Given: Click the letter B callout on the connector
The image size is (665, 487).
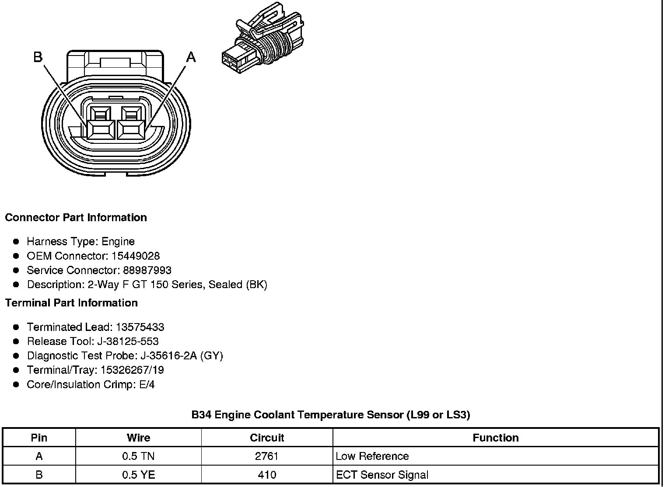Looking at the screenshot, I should click(38, 57).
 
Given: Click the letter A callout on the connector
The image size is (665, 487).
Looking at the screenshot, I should click(191, 57).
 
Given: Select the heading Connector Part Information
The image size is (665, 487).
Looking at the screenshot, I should click(76, 218).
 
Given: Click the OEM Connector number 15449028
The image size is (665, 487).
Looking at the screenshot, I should click(136, 256).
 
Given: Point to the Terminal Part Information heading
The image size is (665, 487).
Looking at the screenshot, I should click(71, 303).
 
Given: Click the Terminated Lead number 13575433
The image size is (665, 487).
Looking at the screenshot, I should click(140, 327).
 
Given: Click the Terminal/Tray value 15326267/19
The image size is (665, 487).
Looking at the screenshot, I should click(132, 370).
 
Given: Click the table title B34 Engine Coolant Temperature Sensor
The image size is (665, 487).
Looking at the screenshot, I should click(331, 414).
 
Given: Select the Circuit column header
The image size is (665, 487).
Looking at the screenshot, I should click(267, 438).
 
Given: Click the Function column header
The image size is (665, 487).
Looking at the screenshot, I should click(496, 438).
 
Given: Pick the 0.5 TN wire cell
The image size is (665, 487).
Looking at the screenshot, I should click(138, 456).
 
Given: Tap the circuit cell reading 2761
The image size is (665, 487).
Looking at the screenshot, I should click(267, 456).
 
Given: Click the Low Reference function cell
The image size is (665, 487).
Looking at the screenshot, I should click(372, 456).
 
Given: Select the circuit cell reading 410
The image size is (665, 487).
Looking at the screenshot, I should click(267, 475).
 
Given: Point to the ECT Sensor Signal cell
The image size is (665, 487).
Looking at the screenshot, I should click(382, 475).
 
